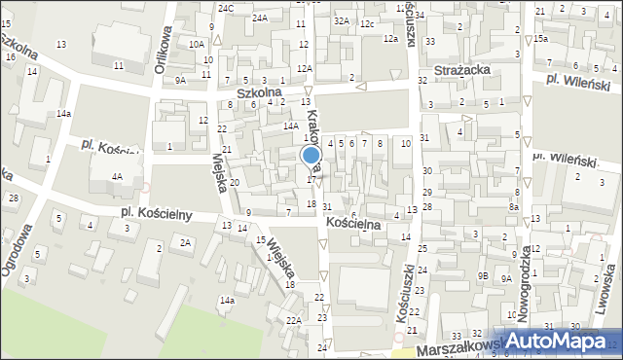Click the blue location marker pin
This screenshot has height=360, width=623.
coord(311,157)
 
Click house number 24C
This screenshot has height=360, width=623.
coord(226,8)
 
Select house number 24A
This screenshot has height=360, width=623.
coord(260,18)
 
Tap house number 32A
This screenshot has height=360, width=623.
coord(341,19)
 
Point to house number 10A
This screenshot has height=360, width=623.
coord(197,44)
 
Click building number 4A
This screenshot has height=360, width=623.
coord(117,177)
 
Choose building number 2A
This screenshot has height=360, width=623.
coord(186,242)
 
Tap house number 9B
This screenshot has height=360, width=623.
coord(483,275)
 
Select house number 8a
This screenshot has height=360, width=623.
coord(513,206)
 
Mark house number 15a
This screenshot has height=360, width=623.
coord(540,38)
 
